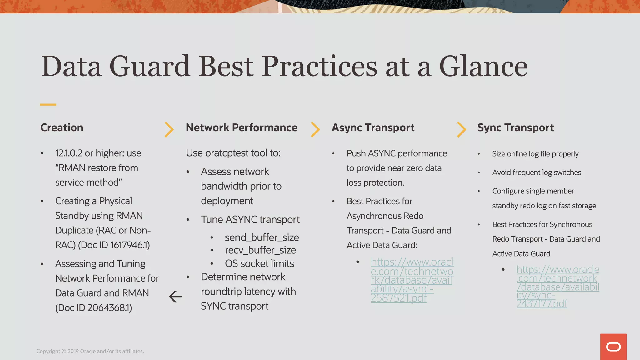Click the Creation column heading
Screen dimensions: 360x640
click(62, 127)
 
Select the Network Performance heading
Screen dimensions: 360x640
click(241, 127)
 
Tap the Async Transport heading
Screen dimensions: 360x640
click(373, 127)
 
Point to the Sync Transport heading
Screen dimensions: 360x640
click(515, 127)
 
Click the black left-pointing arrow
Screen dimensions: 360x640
click(175, 297)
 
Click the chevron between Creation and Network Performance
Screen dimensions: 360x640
click(169, 129)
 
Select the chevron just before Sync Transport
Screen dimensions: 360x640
click(461, 129)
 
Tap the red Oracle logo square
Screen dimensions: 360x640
click(613, 347)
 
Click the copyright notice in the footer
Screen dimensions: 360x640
click(90, 351)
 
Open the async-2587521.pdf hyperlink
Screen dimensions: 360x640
click(412, 280)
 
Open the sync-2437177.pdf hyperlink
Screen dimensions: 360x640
click(557, 287)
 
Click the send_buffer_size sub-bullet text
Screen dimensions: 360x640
click(262, 237)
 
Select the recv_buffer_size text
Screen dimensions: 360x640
click(260, 250)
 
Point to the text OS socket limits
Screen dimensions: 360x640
click(259, 263)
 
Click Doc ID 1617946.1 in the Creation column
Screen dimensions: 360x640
click(114, 245)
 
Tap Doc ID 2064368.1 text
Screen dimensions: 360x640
click(94, 308)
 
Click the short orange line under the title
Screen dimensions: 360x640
click(48, 104)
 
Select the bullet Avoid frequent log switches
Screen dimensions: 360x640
click(537, 172)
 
